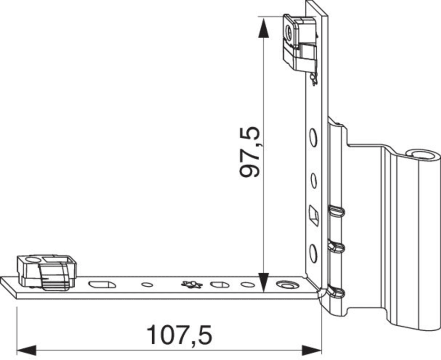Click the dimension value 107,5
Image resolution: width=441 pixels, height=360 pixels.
click(179, 335)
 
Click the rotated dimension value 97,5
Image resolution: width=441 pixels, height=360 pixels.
click(250, 152)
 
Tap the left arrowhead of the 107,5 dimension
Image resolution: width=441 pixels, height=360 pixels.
click(27, 351)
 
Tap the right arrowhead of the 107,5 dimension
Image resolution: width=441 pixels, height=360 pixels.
click(312, 351)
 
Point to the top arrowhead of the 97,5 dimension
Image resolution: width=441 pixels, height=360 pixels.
click(263, 27)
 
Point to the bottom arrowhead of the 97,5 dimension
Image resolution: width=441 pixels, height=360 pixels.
click(263, 283)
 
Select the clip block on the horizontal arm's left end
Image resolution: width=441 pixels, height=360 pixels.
click(47, 272)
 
